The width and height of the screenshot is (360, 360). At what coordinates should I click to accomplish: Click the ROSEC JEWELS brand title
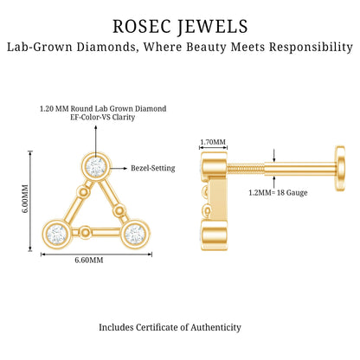pos(180,27)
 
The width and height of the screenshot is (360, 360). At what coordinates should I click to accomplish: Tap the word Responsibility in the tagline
pos(311,47)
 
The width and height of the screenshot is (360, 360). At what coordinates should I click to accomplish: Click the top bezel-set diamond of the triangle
pos(96,167)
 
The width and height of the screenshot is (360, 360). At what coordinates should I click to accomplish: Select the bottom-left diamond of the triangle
pos(56,235)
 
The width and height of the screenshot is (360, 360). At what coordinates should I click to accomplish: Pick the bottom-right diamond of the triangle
pos(136,235)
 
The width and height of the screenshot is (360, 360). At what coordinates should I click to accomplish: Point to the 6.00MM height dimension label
pos(25,198)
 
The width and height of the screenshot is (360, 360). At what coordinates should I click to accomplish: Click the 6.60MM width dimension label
pos(89,260)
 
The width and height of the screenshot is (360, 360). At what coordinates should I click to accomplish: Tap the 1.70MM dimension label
pos(213,142)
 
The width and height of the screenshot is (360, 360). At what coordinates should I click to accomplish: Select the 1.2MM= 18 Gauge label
pos(278,193)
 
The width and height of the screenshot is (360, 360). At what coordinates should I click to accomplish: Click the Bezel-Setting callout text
pos(153,168)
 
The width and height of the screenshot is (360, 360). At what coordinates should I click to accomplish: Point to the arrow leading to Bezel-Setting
pos(119,168)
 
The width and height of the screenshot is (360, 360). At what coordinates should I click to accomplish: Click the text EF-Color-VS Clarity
pos(103,118)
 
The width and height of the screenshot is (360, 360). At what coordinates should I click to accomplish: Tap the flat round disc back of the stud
pos(340,168)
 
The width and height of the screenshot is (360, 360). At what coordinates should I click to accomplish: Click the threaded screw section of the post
pos(246,169)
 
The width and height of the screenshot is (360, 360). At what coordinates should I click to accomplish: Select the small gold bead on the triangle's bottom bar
pos(85,232)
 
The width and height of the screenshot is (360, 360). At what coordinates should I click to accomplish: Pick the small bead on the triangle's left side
pos(83,191)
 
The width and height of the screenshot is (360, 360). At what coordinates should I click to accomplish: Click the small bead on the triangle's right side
pos(118,209)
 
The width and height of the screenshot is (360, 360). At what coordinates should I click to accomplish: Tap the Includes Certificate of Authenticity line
pos(170,327)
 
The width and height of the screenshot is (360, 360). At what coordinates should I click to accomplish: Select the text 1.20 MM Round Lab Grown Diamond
pos(103,109)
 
